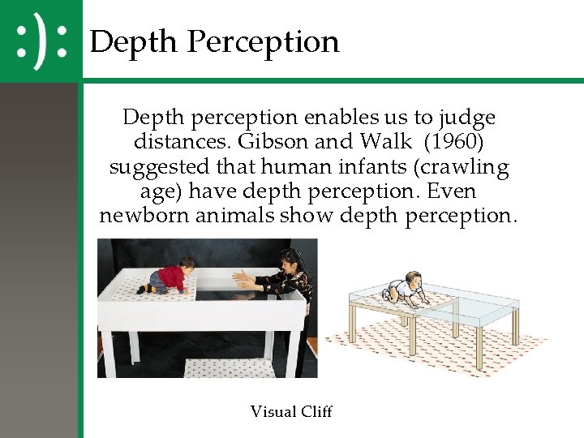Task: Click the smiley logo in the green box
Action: tap(41, 41)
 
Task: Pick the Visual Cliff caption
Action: tap(291, 411)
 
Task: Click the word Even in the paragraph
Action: tap(454, 193)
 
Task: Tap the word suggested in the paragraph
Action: tap(158, 168)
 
